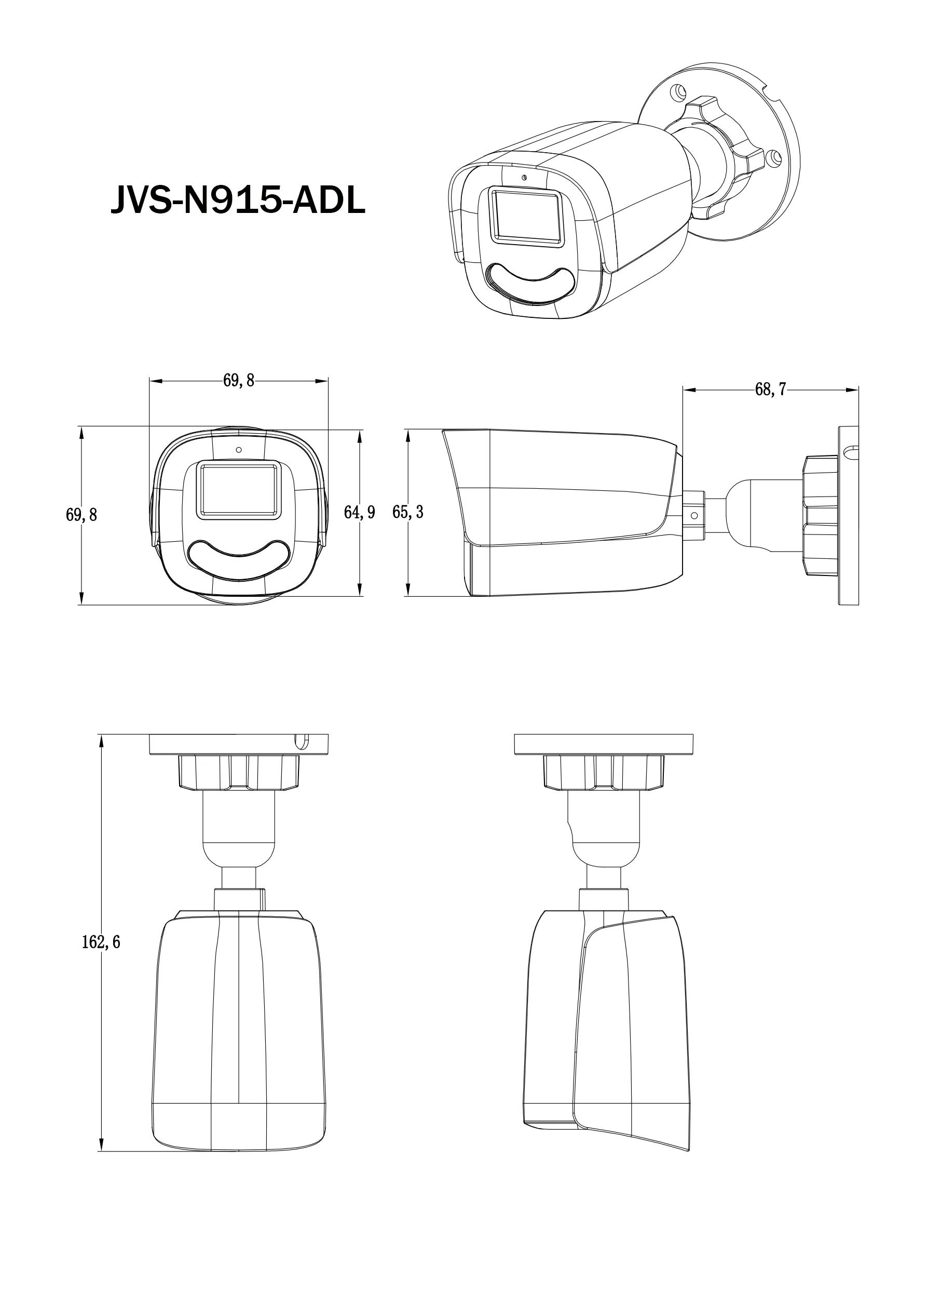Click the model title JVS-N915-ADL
click(238, 200)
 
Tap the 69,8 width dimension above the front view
click(239, 381)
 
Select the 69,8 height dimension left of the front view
click(81, 515)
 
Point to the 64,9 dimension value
click(359, 513)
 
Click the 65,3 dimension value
click(408, 512)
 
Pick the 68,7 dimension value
click(770, 390)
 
